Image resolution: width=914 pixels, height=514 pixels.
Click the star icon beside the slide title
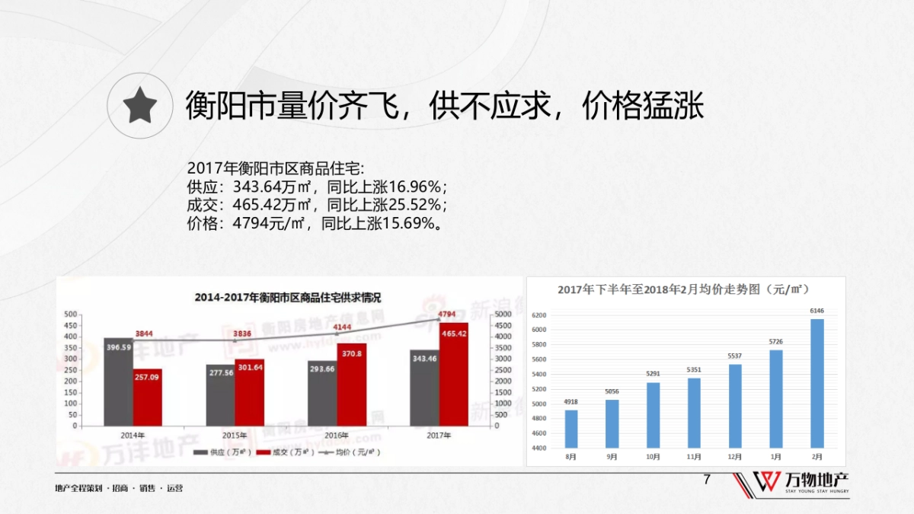pos(140,104)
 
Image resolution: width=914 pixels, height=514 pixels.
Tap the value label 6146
pos(817,311)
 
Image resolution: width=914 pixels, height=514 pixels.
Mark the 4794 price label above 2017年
pos(447,314)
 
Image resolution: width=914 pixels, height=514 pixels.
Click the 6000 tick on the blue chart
pos(539,330)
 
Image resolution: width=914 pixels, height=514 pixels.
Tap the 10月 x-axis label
pos(653,456)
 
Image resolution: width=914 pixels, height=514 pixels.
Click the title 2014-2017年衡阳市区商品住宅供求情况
pos(287,297)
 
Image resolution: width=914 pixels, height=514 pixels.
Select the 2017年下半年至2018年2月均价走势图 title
pos(683,289)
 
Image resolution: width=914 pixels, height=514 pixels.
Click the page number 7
pos(707,480)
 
